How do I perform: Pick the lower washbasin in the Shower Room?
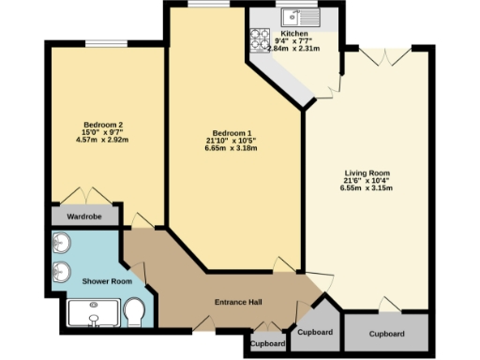coord(62,273)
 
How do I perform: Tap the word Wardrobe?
coord(85,216)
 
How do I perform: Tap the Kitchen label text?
coord(282,33)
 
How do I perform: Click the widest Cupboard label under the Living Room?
coord(386,334)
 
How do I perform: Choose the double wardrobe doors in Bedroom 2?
coord(85,196)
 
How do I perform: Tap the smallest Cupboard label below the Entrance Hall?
coord(268,343)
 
